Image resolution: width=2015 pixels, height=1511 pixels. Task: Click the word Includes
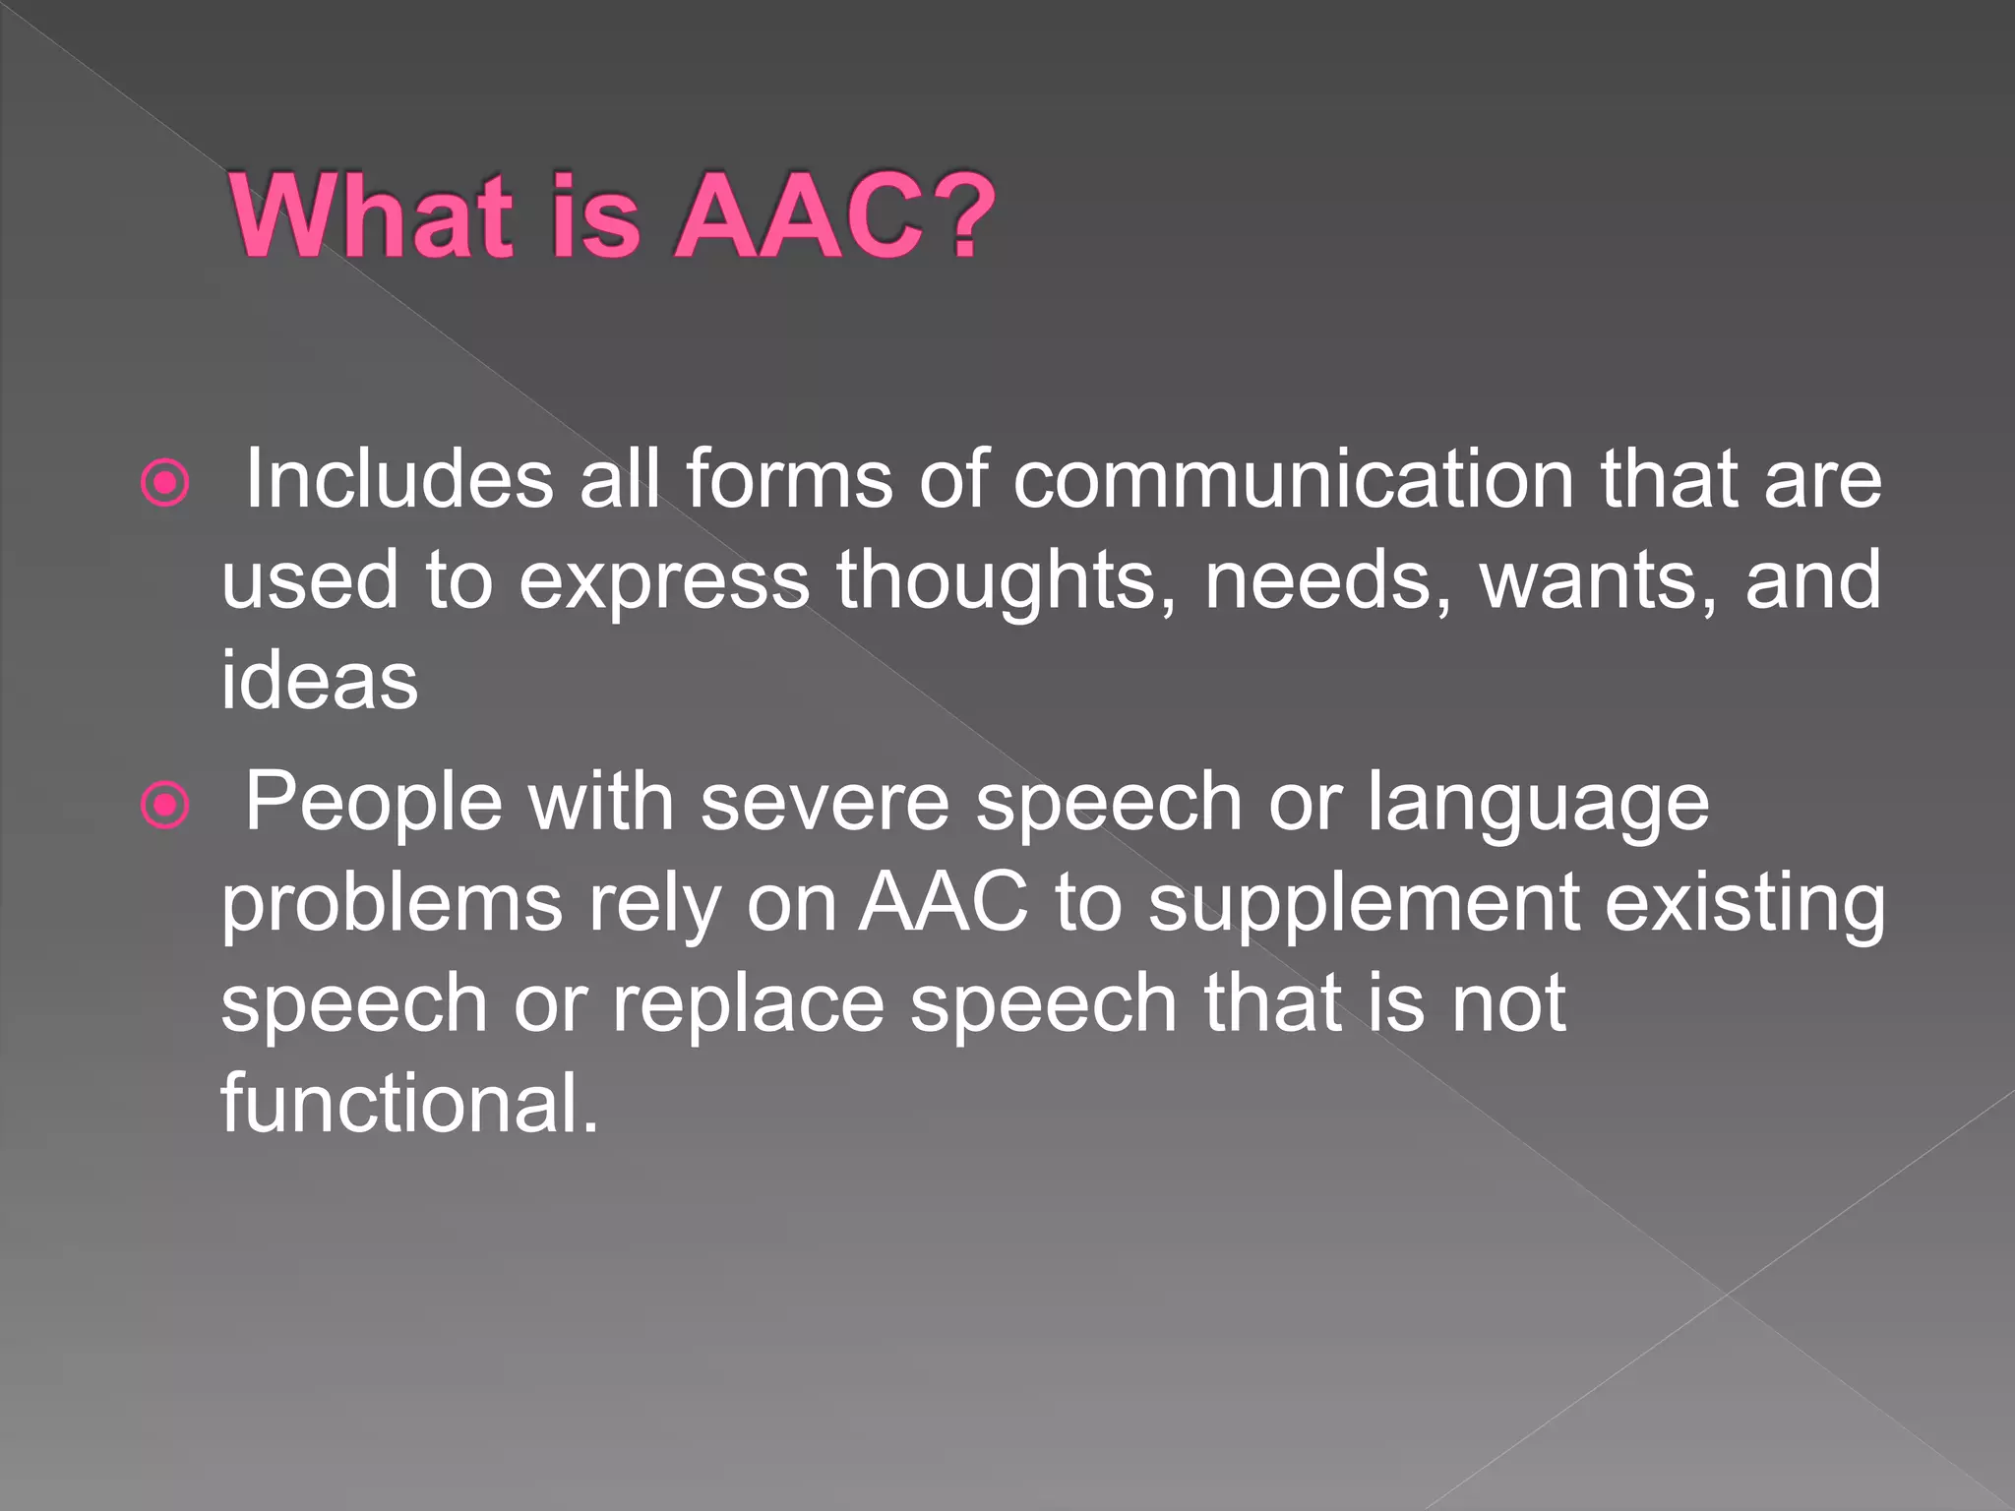coord(398,479)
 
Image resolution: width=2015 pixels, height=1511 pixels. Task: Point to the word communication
coord(1293,479)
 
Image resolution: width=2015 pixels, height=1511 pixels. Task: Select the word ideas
coord(319,681)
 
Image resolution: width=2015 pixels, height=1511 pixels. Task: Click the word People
coord(373,803)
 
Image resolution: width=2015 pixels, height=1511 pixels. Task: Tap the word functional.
coord(408,1103)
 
